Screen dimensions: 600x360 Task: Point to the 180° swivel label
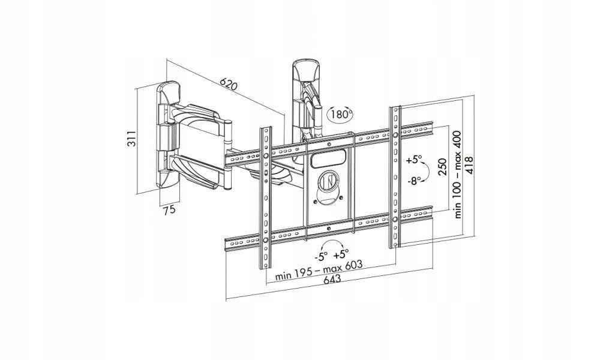click(340, 113)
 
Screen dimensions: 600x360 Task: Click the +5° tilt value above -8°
click(413, 161)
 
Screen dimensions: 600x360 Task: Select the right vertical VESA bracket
click(395, 178)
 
